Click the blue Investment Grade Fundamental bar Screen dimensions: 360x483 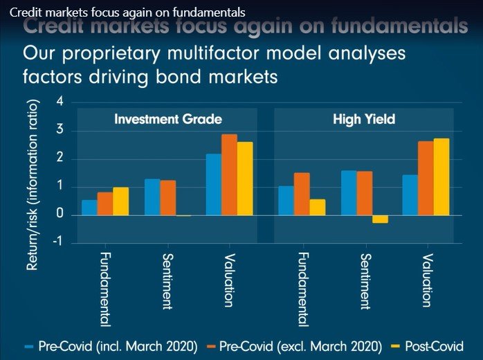tap(89, 208)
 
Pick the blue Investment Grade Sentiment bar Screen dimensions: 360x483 tap(152, 197)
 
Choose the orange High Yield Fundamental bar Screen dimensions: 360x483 tap(302, 194)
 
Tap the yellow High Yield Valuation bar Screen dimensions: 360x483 tap(441, 177)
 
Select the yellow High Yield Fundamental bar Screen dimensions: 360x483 tap(318, 208)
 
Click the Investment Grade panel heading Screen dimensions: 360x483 tap(168, 119)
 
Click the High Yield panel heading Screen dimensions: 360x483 tap(364, 119)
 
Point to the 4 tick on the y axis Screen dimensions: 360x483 tap(60, 102)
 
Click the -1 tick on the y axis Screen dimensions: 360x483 tap(57, 242)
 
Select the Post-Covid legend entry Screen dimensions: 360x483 tap(428, 346)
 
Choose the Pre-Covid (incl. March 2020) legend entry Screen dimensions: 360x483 tap(111, 346)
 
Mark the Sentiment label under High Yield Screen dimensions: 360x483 tap(364, 278)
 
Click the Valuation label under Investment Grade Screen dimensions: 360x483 tap(229, 281)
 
